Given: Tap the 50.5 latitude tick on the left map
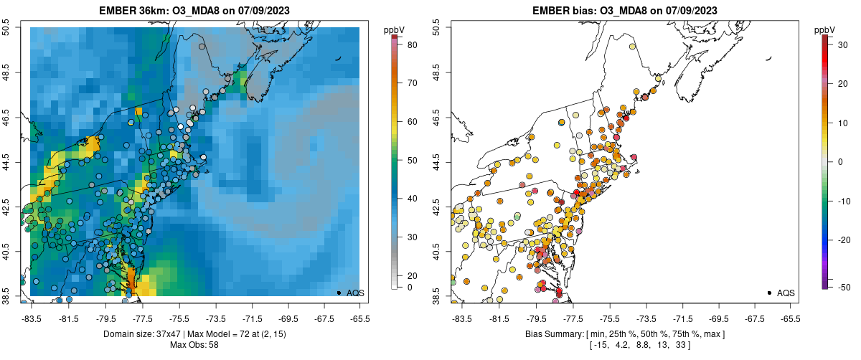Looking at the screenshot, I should [x=6, y=27].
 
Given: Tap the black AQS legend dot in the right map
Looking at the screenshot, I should [x=768, y=293].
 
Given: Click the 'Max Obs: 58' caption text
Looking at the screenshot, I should [x=194, y=345].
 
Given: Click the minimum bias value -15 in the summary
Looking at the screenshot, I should [x=598, y=346].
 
